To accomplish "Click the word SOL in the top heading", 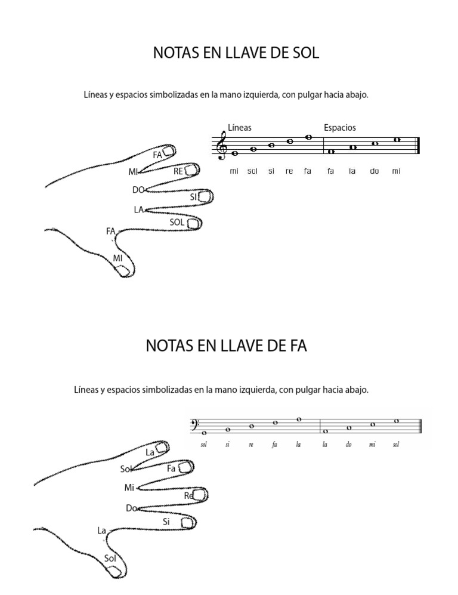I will click(304, 53).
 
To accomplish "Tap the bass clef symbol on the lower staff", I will click(193, 424).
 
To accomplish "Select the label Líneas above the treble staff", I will click(240, 127).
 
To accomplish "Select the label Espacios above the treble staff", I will click(340, 127).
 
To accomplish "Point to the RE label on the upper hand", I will click(178, 171).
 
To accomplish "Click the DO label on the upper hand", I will click(138, 190).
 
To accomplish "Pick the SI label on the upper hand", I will click(193, 196).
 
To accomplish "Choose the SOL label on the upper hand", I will click(177, 222).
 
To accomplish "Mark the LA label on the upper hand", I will click(138, 209).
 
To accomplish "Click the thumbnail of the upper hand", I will click(123, 271).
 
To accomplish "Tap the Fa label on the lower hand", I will click(171, 468).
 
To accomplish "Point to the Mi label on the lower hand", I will click(129, 488).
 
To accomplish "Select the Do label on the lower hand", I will click(131, 508).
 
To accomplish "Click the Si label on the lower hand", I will click(166, 521).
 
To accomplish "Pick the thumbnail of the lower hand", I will click(113, 571).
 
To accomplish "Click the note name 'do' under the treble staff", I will click(375, 171).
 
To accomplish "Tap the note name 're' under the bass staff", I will click(251, 445).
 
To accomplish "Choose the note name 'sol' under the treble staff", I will click(252, 171).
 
